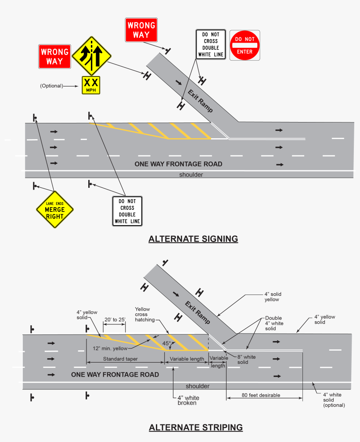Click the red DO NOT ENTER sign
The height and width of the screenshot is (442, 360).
(245, 45)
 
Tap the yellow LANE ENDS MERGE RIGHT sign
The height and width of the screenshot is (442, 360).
(54, 209)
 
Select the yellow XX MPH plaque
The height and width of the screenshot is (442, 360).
(91, 85)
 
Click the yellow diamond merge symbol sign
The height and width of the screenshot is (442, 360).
(91, 56)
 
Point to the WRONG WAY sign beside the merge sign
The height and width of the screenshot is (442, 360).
(54, 57)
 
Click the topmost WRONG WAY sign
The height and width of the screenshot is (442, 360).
(141, 30)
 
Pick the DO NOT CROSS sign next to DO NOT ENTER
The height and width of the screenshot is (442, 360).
(210, 44)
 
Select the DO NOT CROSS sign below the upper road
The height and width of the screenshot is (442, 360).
(127, 211)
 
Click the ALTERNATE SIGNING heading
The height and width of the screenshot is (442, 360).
(193, 239)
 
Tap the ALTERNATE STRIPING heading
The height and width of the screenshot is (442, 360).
(195, 427)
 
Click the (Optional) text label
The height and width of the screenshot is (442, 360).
(51, 86)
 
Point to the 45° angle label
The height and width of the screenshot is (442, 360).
(167, 344)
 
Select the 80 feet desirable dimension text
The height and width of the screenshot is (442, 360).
(261, 395)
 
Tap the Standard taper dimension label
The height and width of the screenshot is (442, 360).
(120, 359)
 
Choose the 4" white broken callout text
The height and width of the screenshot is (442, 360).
(188, 400)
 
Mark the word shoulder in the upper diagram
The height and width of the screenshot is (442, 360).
(191, 175)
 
